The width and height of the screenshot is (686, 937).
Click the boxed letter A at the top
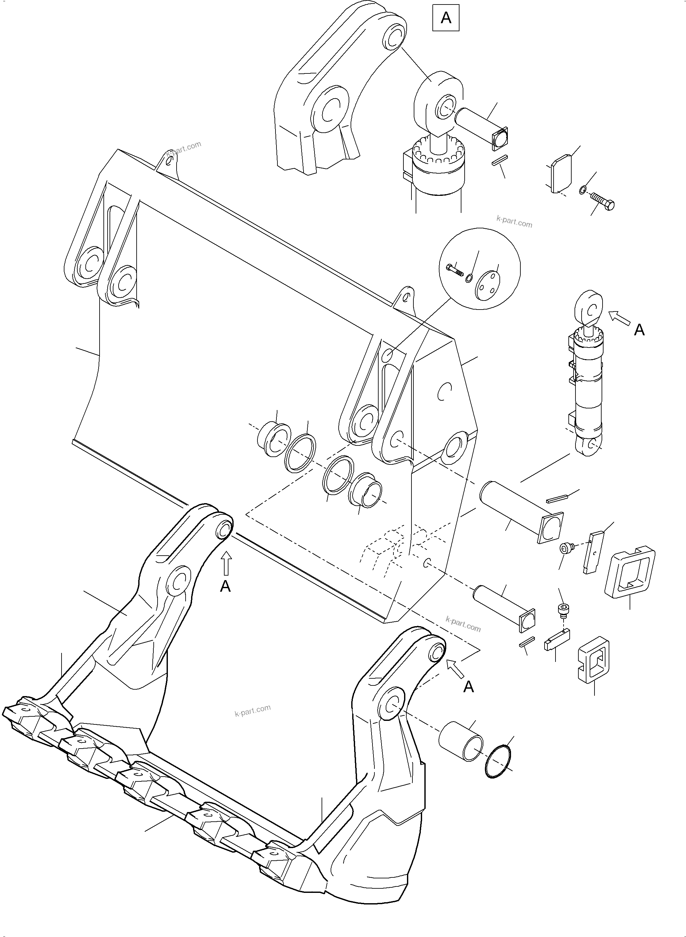coord(446,18)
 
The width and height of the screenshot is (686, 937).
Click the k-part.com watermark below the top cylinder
coord(514,222)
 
